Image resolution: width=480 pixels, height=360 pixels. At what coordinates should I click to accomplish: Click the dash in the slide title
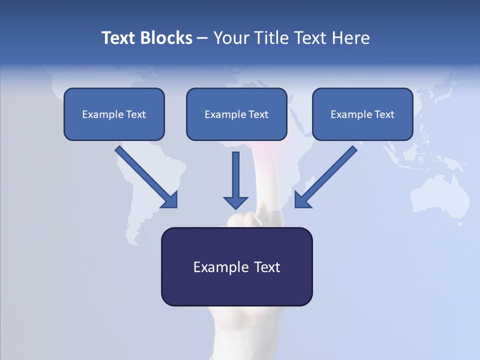click(202, 38)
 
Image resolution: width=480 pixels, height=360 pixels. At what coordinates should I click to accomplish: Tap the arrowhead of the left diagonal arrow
click(169, 199)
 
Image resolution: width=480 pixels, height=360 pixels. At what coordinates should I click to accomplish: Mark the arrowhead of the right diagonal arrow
click(302, 199)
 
